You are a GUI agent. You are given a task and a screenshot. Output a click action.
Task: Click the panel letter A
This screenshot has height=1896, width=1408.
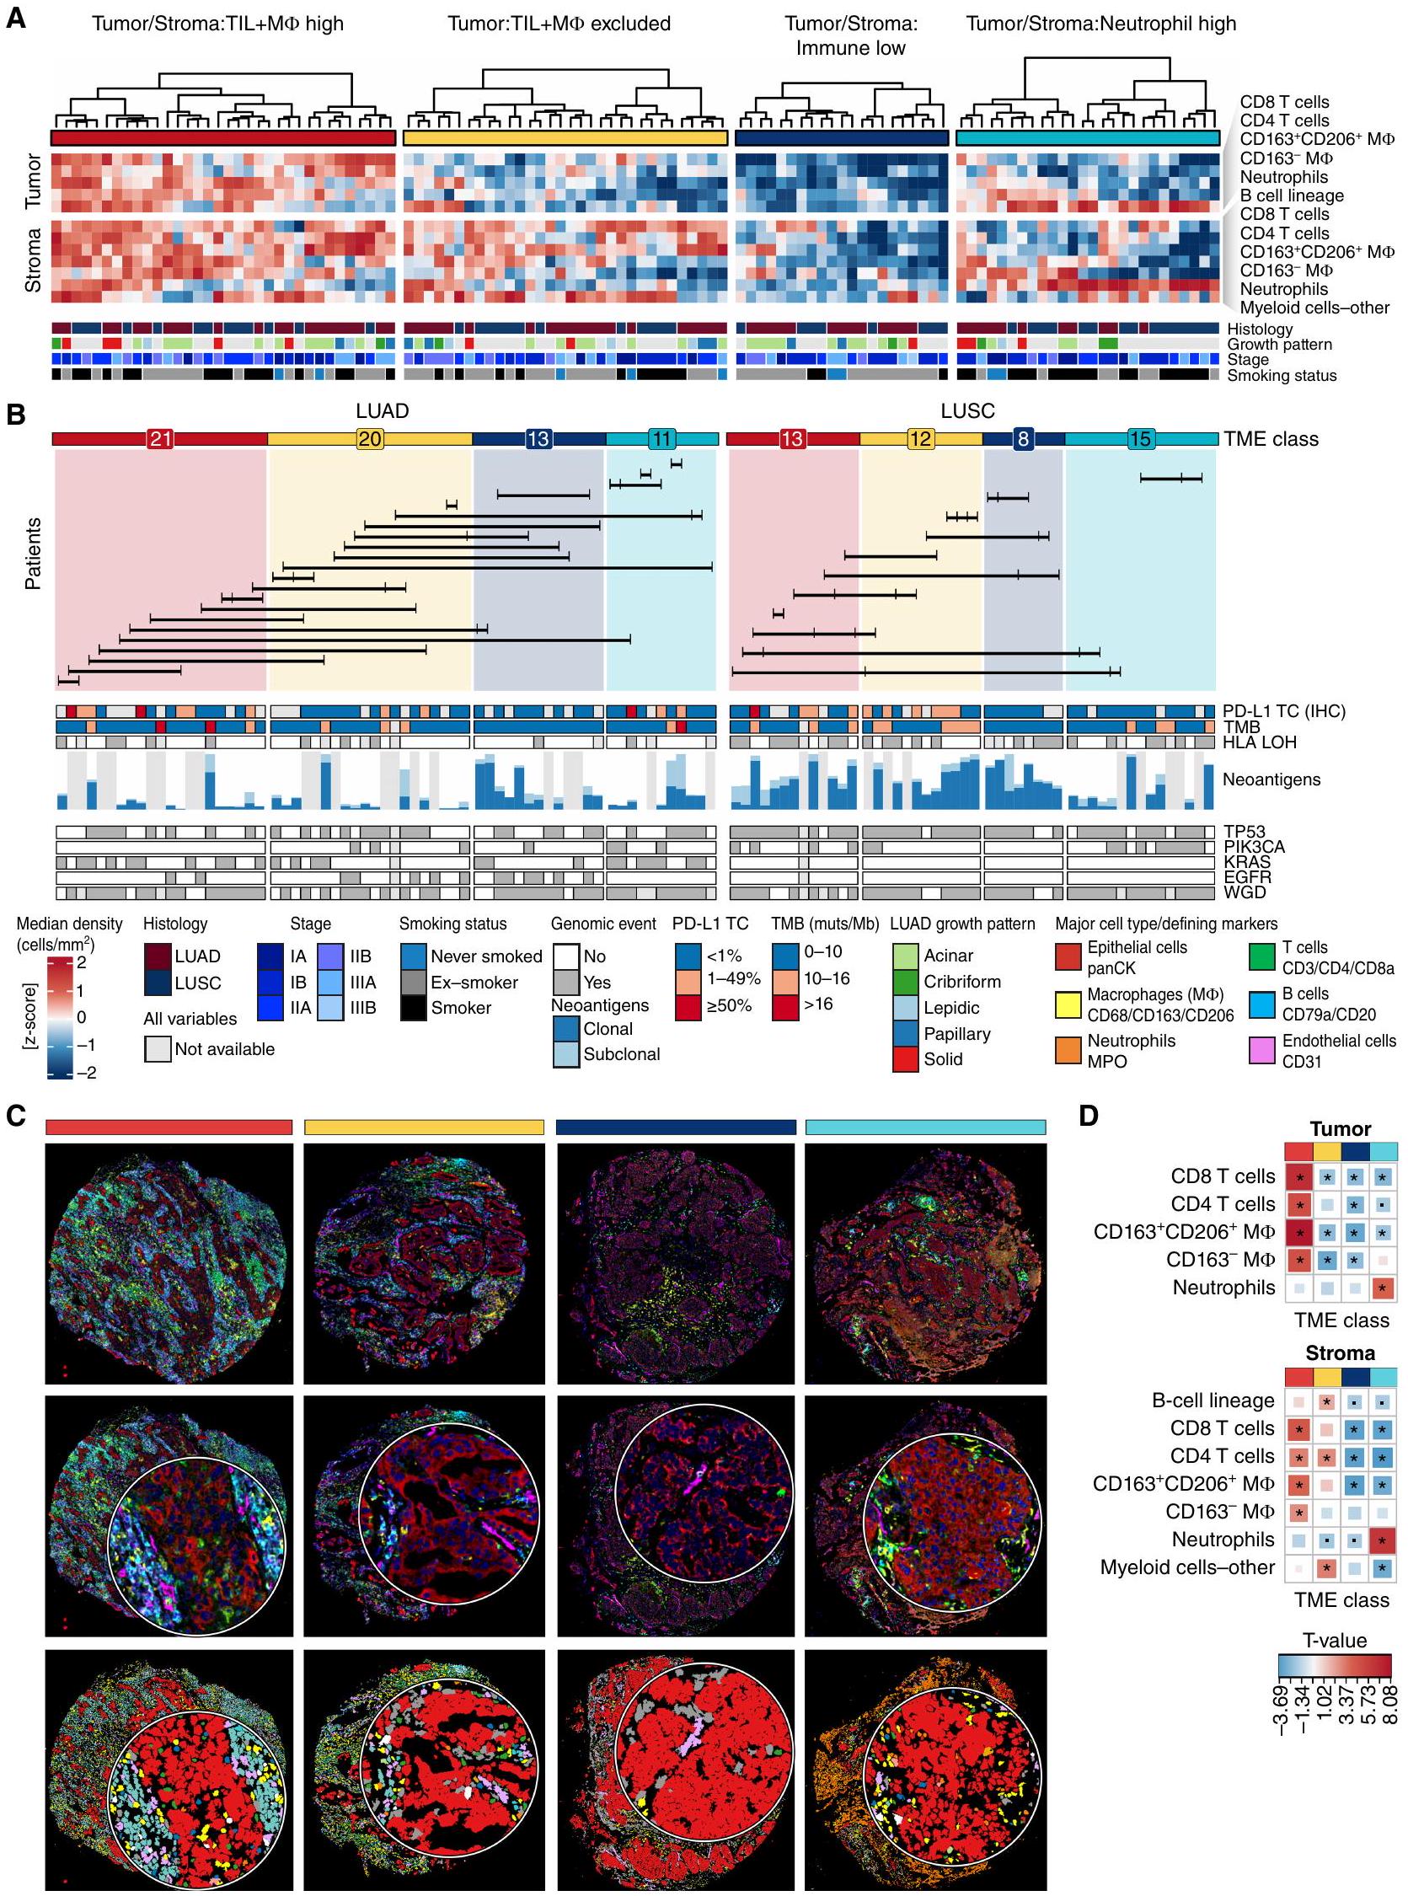17,18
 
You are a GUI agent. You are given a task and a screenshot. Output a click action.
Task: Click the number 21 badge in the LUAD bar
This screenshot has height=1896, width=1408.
160,439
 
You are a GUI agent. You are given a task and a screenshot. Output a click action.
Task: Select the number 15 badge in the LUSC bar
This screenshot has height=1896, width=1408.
1139,439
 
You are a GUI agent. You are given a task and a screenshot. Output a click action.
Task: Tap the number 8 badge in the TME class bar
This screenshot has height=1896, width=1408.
1023,439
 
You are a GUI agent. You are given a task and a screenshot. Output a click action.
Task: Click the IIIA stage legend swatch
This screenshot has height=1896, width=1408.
331,982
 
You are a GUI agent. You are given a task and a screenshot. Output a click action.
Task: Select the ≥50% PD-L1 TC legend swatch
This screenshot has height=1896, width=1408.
688,1004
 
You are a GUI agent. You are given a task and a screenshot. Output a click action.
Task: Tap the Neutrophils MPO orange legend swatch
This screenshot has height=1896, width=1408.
1068,1050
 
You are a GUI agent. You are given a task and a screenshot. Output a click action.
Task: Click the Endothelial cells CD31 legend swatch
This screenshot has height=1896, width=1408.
1264,1050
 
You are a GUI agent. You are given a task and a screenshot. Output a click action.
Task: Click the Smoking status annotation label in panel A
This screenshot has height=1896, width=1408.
1282,375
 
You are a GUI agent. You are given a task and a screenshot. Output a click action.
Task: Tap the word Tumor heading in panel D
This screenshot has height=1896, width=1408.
1340,1129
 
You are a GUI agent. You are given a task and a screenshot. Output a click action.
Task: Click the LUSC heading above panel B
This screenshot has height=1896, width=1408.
967,410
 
